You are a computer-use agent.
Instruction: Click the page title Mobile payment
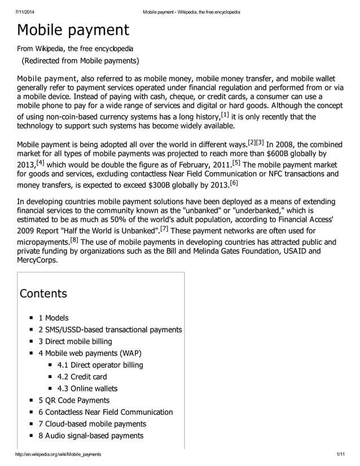73,30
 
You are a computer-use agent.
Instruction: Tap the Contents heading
43,294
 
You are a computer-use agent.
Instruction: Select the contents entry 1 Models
53,318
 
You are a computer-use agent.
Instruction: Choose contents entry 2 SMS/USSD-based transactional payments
110,329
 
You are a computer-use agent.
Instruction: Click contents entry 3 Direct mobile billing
75,341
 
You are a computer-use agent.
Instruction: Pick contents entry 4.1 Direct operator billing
100,365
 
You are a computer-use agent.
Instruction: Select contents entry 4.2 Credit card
82,377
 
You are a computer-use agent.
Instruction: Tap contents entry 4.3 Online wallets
87,389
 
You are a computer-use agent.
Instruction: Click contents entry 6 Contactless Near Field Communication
106,412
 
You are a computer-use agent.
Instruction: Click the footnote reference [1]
225,115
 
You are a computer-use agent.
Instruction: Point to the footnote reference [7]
164,228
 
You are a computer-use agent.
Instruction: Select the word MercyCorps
37,260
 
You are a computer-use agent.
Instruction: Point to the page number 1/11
340,454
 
